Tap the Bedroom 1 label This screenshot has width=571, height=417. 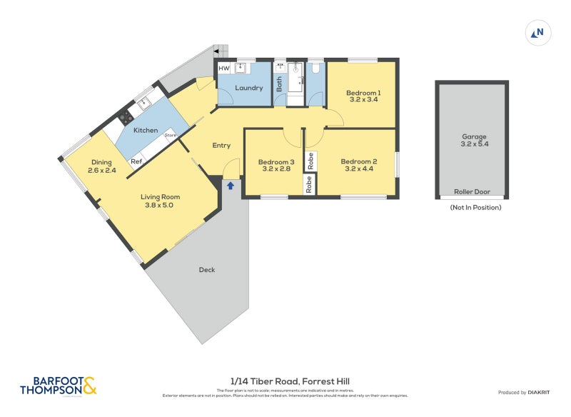[363, 92]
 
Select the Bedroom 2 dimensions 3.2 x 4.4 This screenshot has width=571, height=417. [359, 169]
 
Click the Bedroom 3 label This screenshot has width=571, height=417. [278, 161]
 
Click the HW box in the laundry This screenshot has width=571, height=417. [223, 69]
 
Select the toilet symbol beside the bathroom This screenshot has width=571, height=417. [315, 69]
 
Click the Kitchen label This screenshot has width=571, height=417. [146, 130]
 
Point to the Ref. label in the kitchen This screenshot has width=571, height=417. [136, 162]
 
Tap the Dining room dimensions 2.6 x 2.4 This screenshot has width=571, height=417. [102, 171]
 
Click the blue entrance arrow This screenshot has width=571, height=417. [231, 186]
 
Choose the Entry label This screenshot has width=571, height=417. [221, 146]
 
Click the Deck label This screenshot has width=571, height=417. [207, 270]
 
